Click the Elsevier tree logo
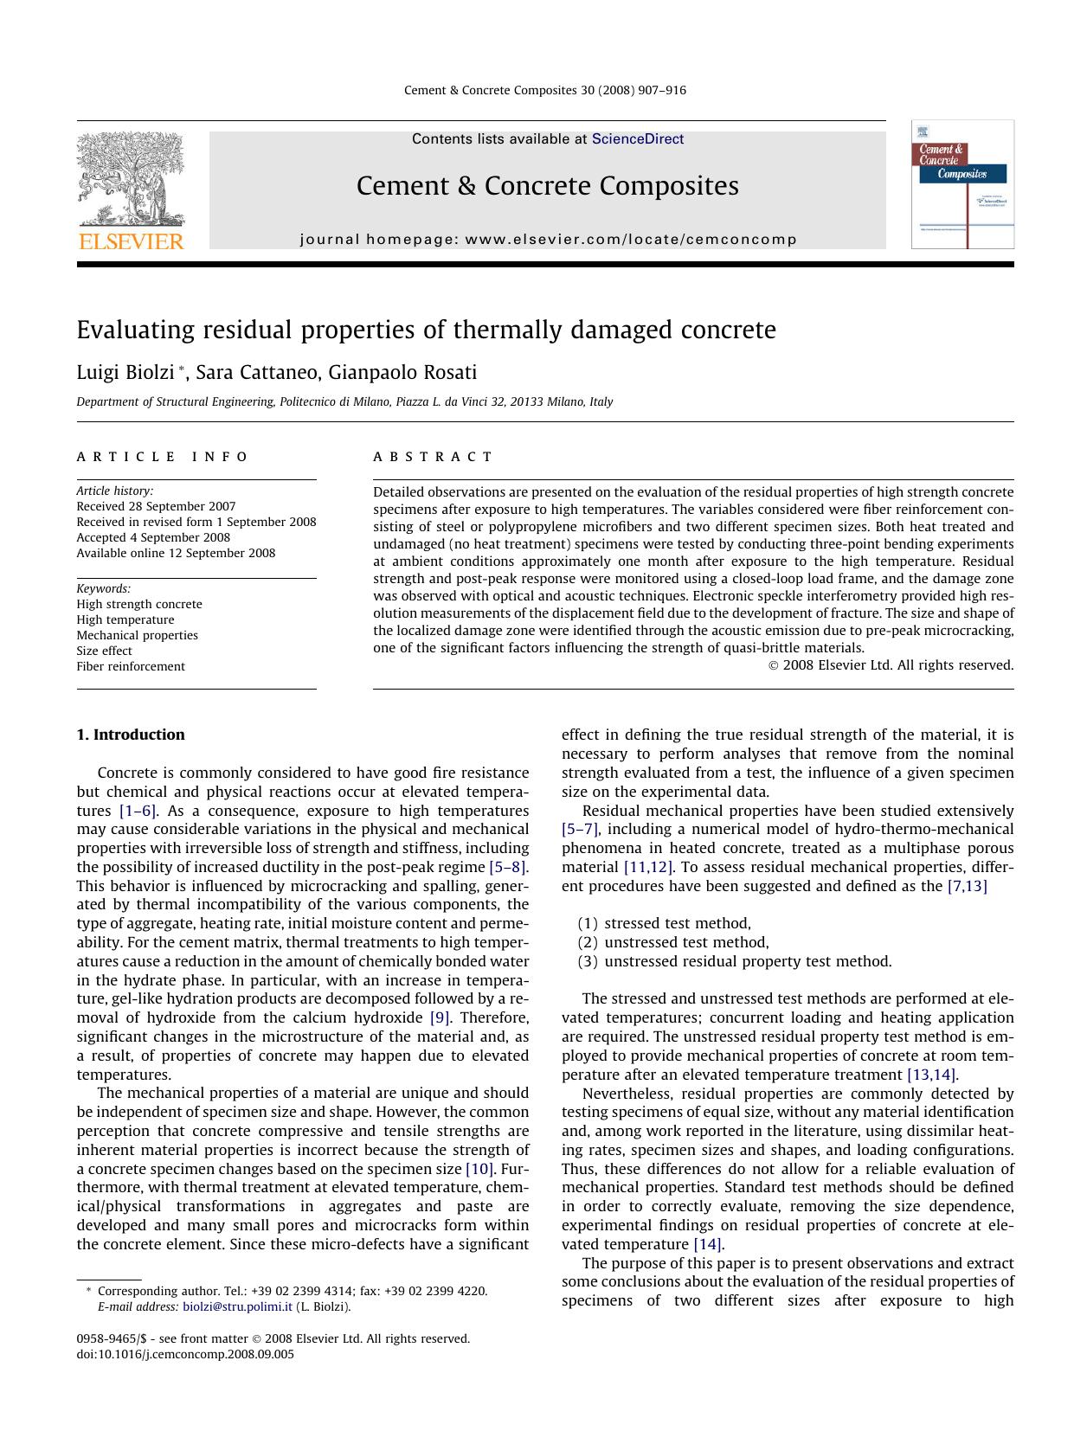click(x=130, y=180)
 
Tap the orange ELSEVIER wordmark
click(x=131, y=242)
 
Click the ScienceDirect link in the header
click(x=638, y=139)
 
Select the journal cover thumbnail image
click(x=962, y=185)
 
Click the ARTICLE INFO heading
click(x=162, y=457)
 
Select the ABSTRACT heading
click(x=433, y=457)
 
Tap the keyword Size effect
click(x=104, y=651)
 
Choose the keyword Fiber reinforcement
click(x=131, y=666)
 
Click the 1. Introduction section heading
click(x=131, y=735)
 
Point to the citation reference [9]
click(x=440, y=1017)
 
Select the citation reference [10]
click(x=479, y=1169)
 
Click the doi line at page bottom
click(x=185, y=1354)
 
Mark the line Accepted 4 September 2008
click(x=153, y=537)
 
